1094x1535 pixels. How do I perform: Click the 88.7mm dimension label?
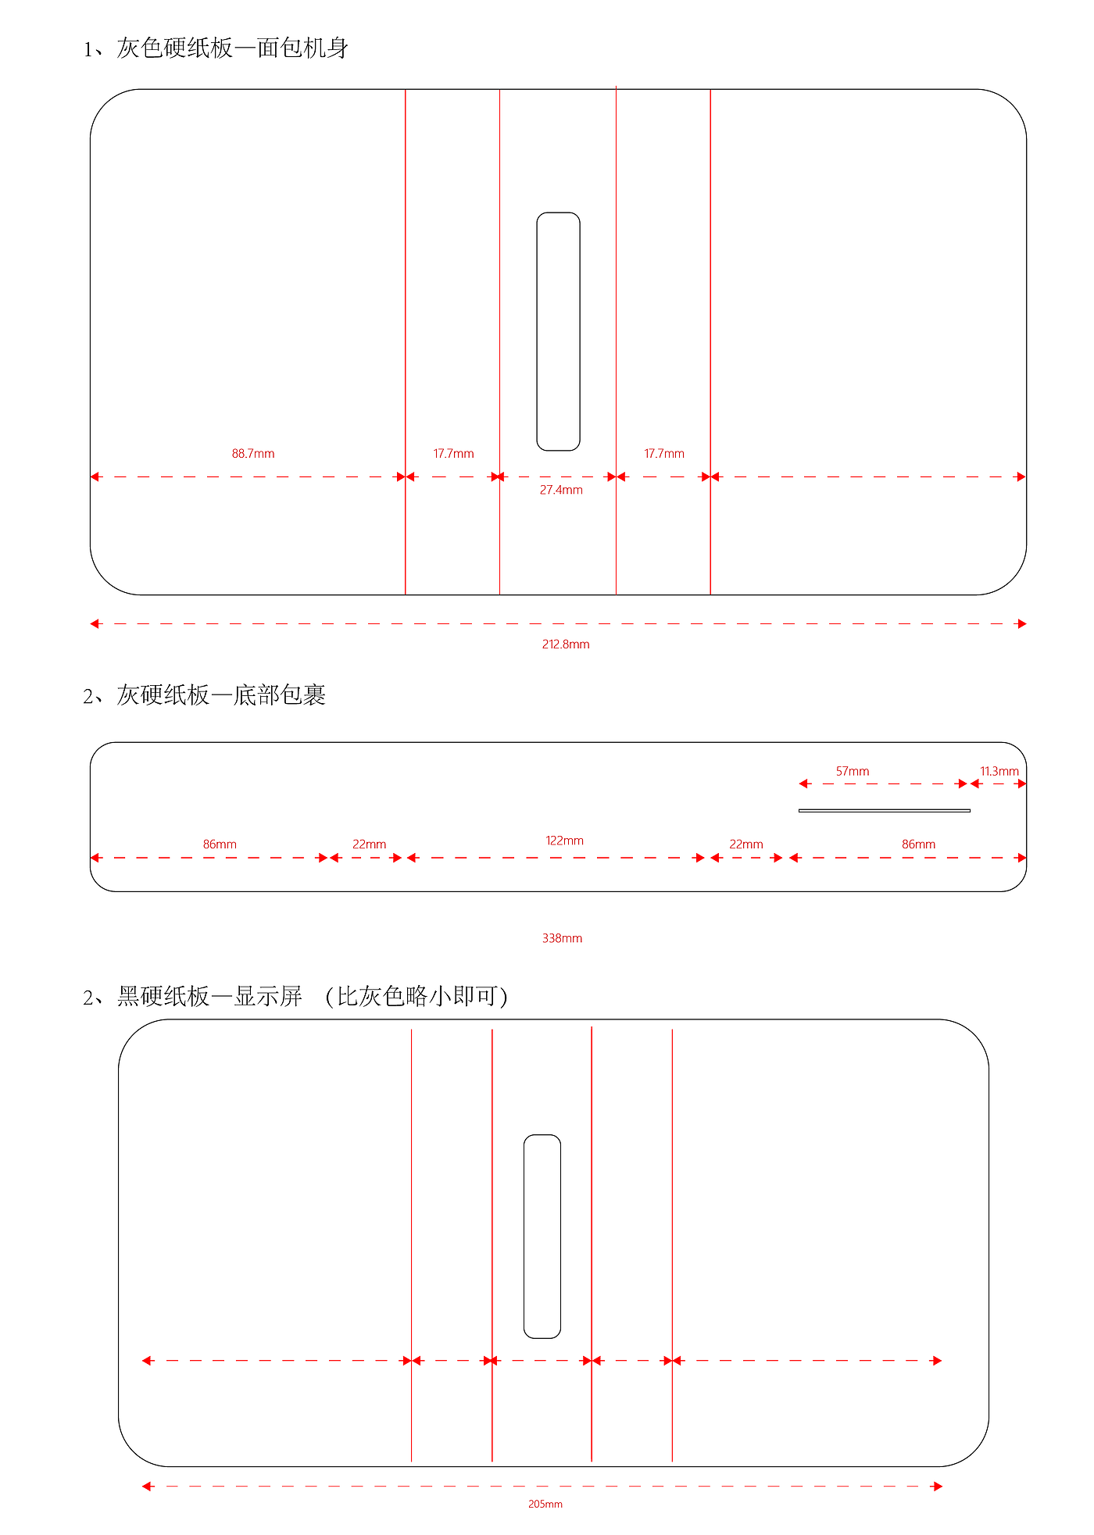253,454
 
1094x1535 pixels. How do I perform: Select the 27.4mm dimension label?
561,491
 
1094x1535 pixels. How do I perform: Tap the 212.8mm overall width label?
566,644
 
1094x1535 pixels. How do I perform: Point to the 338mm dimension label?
562,938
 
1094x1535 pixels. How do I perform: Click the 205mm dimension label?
545,1504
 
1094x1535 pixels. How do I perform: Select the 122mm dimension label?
564,841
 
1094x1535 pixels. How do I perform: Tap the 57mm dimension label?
853,771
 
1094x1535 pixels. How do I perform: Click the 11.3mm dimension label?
999,771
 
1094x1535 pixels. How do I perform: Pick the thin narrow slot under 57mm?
885,811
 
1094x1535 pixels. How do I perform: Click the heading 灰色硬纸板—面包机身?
232,48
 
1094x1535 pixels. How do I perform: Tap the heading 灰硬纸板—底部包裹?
221,694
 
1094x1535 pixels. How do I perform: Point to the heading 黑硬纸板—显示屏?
209,996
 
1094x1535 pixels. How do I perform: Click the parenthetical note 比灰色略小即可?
417,996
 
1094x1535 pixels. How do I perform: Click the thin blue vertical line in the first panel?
499,342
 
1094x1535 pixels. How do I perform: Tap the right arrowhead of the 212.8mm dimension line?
1021,623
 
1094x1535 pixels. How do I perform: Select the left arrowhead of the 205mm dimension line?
147,1487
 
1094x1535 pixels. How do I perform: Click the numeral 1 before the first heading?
88,50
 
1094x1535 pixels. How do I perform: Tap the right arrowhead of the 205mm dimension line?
938,1487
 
